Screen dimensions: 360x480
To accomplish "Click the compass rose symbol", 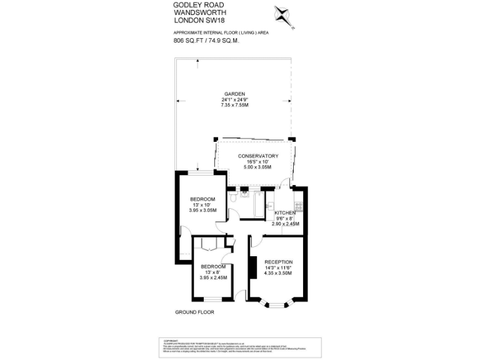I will pyautogui.click(x=283, y=15).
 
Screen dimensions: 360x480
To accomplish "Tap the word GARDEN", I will pyautogui.click(x=234, y=93).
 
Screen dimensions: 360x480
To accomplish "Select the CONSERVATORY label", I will pyautogui.click(x=257, y=156).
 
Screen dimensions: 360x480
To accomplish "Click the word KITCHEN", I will pyautogui.click(x=285, y=213).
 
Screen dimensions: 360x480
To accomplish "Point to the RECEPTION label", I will pyautogui.click(x=278, y=261).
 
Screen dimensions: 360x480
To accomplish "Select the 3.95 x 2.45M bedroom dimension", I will pyautogui.click(x=213, y=277).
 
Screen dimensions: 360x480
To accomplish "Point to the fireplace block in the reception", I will pyautogui.click(x=252, y=267).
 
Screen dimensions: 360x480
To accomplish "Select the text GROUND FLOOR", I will pyautogui.click(x=194, y=311).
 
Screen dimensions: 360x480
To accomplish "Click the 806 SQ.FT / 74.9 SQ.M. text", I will pyautogui.click(x=206, y=41).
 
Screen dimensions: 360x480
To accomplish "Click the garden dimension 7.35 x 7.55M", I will pyautogui.click(x=234, y=105).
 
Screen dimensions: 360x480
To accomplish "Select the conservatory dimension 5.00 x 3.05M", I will pyautogui.click(x=257, y=167).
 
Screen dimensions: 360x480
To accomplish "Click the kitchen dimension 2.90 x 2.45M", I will pyautogui.click(x=285, y=224).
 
